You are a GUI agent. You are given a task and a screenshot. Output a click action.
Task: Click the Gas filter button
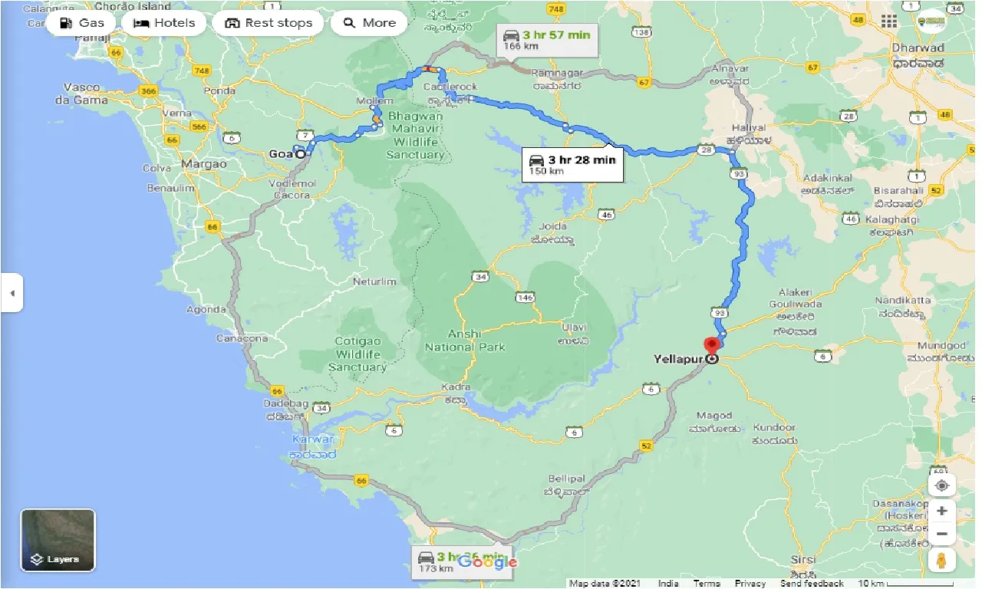click(81, 23)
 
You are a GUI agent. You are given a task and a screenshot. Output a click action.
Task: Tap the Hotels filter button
click(164, 23)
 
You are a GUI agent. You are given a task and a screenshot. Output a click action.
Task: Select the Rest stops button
click(269, 23)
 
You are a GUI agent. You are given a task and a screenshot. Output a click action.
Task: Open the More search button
click(369, 23)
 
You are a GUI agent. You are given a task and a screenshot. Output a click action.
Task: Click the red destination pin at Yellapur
click(713, 346)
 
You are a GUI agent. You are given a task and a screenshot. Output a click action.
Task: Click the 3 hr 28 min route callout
click(572, 163)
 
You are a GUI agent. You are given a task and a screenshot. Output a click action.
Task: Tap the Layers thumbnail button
click(58, 540)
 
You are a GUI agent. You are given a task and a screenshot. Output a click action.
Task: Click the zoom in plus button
click(941, 511)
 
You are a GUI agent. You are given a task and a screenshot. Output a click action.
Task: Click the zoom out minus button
click(941, 534)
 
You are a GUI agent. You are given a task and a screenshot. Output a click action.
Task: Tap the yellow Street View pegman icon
click(941, 561)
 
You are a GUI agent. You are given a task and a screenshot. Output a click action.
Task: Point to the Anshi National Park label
click(466, 341)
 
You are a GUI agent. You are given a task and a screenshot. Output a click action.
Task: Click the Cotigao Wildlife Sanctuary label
click(358, 354)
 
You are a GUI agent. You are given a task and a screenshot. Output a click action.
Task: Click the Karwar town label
click(312, 439)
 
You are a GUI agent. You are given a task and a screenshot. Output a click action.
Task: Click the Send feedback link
click(812, 584)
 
